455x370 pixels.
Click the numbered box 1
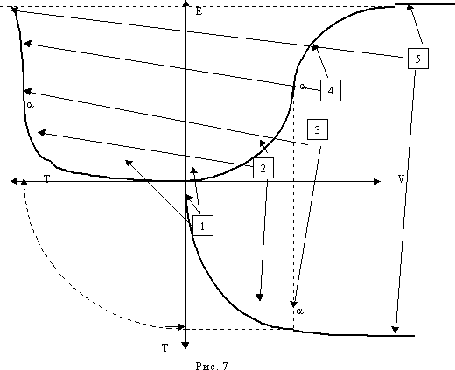203,226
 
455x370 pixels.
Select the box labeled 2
263,168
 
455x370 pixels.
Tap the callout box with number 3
318,129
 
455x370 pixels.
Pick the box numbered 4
331,91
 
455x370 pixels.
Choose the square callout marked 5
418,59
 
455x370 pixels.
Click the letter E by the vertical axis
199,11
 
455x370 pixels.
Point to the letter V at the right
402,178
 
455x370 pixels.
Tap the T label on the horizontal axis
47,178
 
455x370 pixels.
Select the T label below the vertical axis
165,347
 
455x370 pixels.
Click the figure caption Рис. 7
212,366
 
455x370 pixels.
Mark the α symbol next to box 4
303,87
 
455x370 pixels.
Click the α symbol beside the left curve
30,104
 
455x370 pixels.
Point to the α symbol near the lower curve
299,311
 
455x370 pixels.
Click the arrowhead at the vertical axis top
185,3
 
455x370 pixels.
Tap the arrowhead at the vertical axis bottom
185,346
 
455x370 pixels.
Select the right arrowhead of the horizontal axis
377,182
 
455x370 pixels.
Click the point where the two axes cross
185,181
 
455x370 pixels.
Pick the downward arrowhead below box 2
260,297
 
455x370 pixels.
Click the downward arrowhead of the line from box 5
395,329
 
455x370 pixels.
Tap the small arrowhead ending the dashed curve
181,327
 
